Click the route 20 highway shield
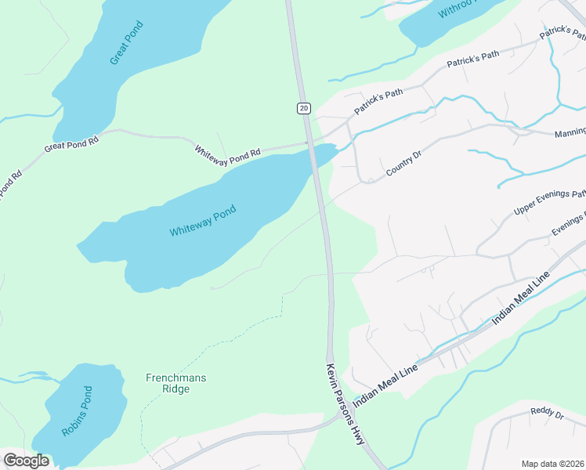(304, 107)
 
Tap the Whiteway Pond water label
(203, 220)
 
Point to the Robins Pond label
(77, 411)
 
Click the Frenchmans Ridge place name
(176, 383)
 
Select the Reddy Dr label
(547, 412)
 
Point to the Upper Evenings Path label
(549, 203)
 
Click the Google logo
(26, 461)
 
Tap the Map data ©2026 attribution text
(553, 463)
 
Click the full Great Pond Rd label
(71, 143)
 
